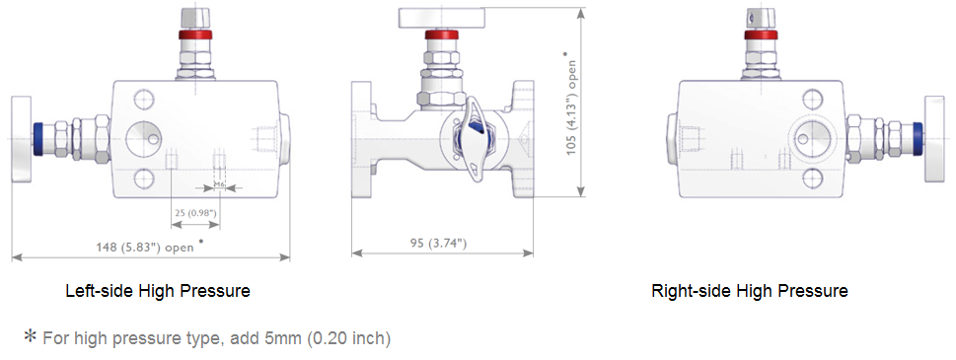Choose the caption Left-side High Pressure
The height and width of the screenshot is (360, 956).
[x=157, y=291]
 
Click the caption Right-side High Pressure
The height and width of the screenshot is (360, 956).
[x=749, y=291]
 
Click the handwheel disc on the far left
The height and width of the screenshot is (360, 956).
[x=20, y=138]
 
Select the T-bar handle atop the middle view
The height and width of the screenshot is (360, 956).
[x=442, y=18]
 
